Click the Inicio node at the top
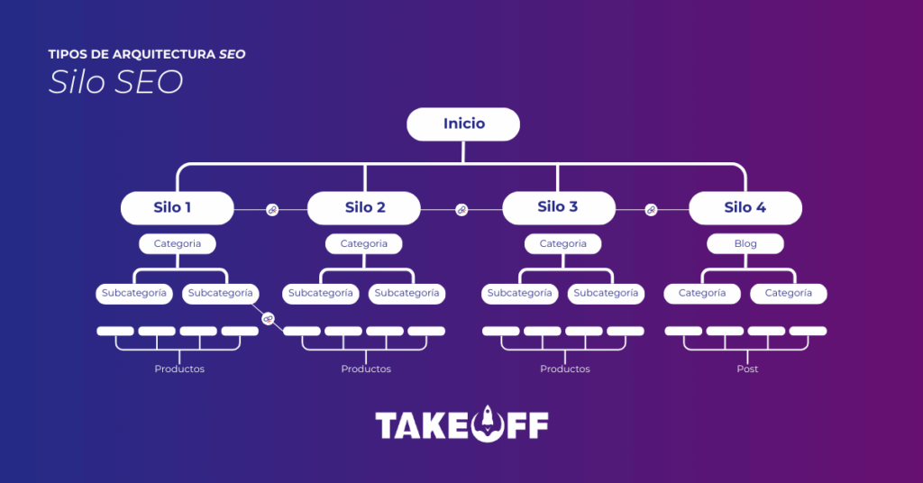(463, 124)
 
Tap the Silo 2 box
(364, 207)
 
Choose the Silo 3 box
(558, 207)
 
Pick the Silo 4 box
(745, 207)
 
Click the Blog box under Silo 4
(745, 243)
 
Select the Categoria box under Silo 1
(177, 243)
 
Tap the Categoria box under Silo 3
(562, 243)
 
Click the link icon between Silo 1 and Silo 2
(271, 210)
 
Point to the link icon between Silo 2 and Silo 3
(461, 210)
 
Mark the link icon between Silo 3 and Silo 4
(651, 210)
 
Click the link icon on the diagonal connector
(268, 319)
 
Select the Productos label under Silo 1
(179, 369)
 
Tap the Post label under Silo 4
(746, 369)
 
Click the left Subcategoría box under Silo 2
(322, 293)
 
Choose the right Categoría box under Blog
(788, 293)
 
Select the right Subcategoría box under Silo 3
(606, 293)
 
